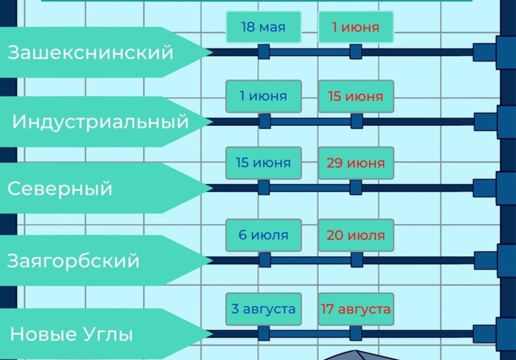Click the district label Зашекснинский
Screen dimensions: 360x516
pos(91,52)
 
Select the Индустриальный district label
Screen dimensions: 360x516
pos(101,121)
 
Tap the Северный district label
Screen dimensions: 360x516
pos(60,188)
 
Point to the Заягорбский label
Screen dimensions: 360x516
pos(74,261)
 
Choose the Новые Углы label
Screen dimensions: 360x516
pos(72,334)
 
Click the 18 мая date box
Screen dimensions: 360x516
pos(263,27)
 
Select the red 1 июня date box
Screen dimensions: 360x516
pos(355,27)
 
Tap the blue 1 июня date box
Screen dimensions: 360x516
pos(263,96)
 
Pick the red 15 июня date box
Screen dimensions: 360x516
pos(355,96)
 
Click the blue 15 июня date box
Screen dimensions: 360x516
pos(263,163)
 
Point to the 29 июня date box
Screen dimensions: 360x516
pos(355,163)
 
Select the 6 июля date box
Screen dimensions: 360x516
pos(263,235)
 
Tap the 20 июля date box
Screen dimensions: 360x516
pos(355,235)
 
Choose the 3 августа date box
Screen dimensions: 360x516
pos(263,309)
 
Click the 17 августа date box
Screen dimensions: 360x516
pos(355,309)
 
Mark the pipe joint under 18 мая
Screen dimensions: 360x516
pos(263,52)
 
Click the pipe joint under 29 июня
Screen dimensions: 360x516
pos(355,187)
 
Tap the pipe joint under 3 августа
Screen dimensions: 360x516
pos(263,333)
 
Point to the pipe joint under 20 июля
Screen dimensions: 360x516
pos(355,259)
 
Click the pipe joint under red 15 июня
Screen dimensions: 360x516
pos(355,121)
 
